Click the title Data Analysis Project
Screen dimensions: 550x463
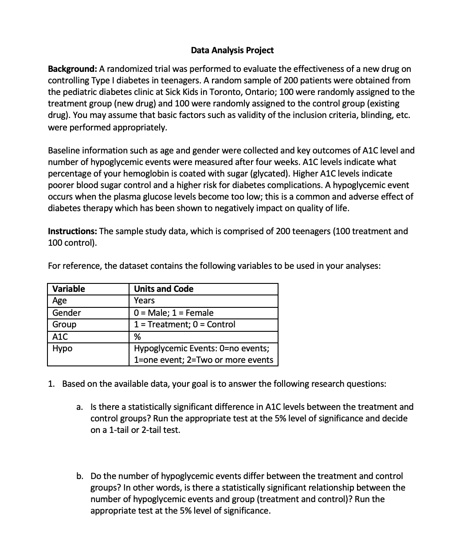[x=232, y=50]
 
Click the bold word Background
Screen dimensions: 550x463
[x=72, y=69]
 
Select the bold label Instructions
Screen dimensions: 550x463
[x=72, y=231]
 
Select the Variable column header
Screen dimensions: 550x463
[x=68, y=289]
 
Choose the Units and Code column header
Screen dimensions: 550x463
[x=164, y=289]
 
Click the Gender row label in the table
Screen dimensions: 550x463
[x=67, y=313]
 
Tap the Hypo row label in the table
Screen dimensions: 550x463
[x=62, y=348]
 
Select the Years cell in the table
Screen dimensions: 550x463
[x=144, y=301]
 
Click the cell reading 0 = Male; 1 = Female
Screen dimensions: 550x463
[x=173, y=313]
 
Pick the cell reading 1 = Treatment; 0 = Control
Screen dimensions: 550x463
[x=184, y=324]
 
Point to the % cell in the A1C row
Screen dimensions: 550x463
[x=137, y=337]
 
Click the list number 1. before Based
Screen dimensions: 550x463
[x=51, y=384]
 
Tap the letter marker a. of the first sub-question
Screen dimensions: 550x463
[x=80, y=407]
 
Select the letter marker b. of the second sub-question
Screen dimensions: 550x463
[x=80, y=476]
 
